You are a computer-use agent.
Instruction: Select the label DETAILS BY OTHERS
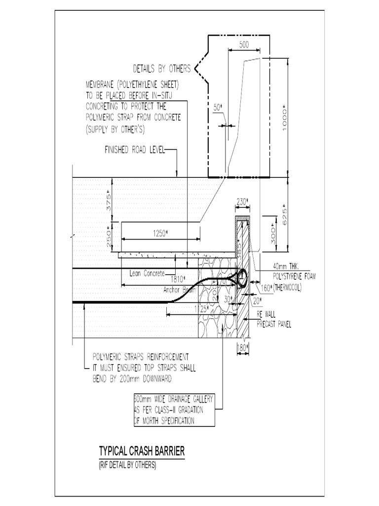pos(161,68)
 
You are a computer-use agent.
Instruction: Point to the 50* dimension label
pos(218,107)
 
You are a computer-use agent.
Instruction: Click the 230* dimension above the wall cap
pos(242,201)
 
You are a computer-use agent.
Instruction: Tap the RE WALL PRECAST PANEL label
pos(273,320)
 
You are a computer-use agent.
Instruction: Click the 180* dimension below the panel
pos(243,348)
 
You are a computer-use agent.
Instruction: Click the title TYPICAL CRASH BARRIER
pos(142,451)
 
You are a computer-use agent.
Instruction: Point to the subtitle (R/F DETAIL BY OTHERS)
pos(127,465)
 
